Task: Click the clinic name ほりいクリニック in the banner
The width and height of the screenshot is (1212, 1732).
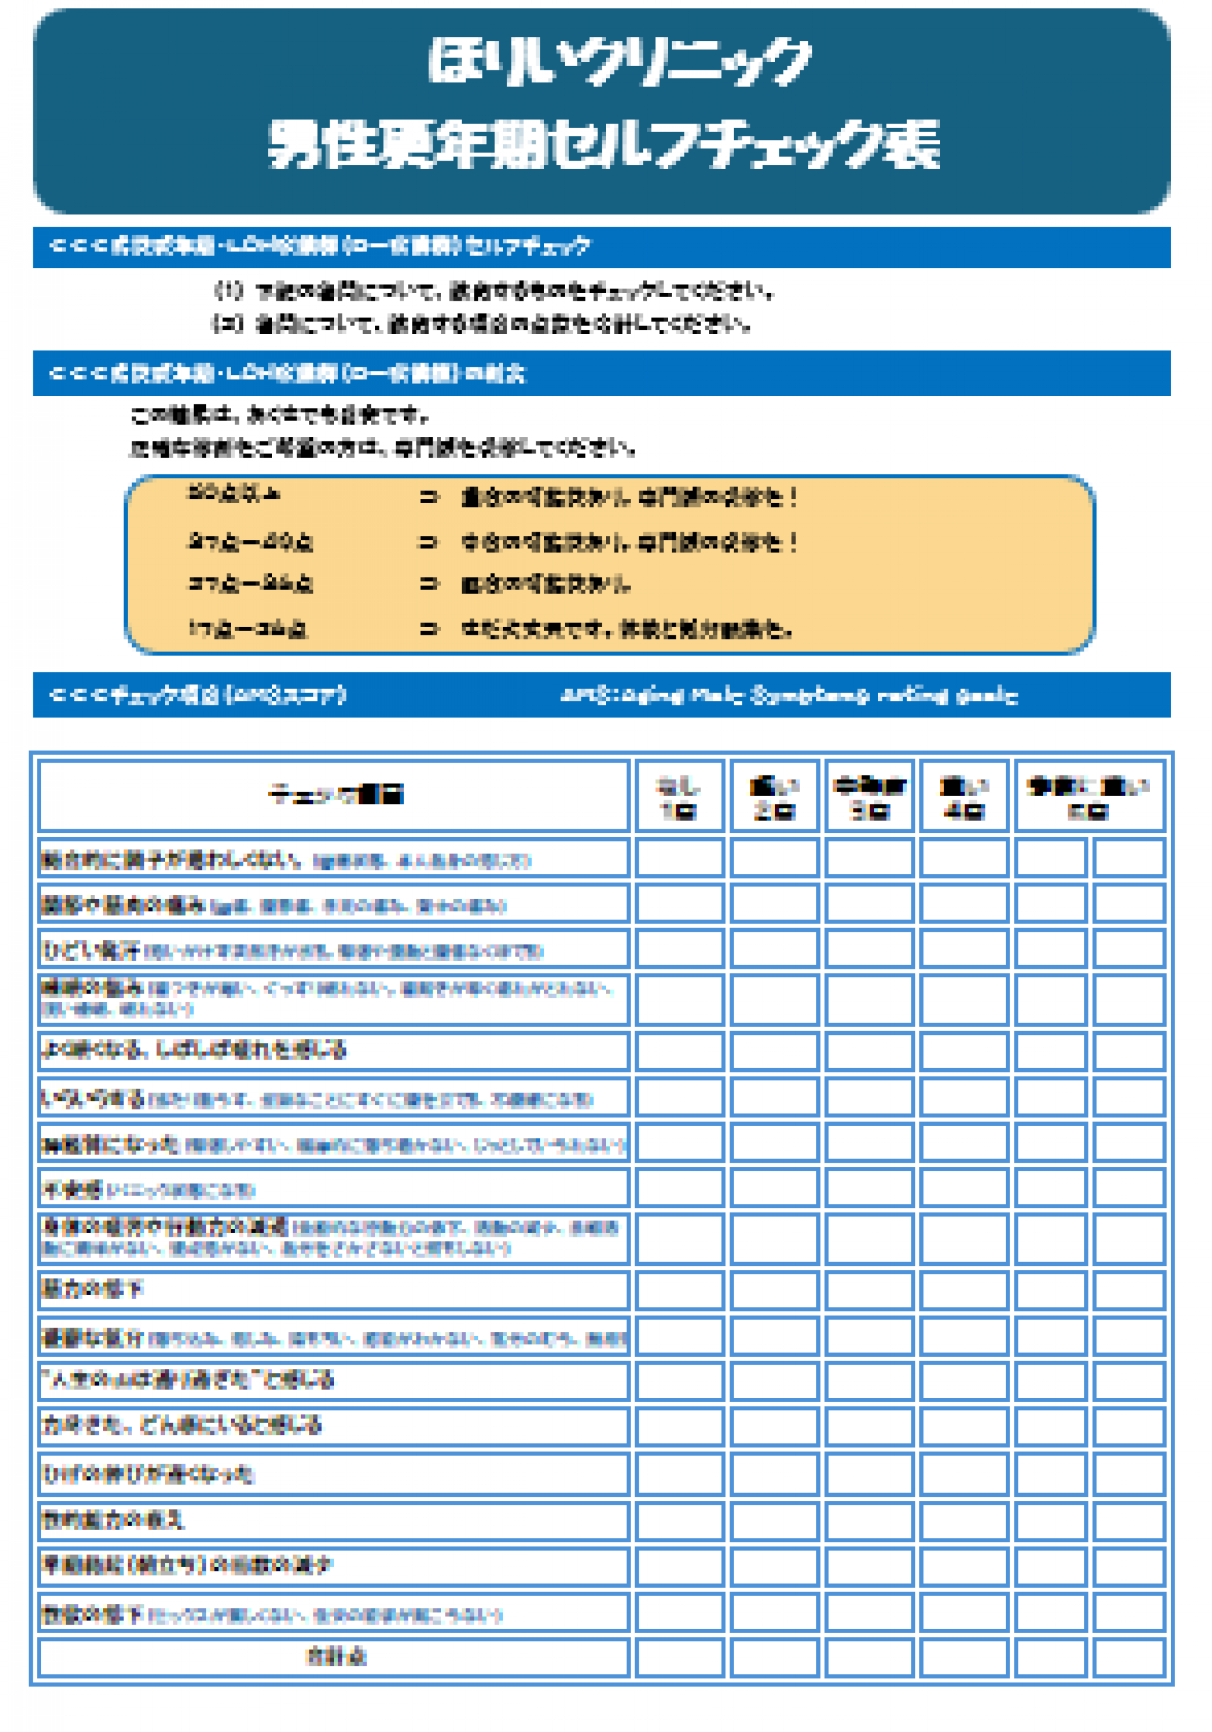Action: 619,61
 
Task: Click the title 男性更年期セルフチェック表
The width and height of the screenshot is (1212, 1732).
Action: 604,143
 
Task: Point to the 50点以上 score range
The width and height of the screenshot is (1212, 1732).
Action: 234,493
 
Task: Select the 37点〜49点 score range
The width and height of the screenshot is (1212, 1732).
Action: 250,541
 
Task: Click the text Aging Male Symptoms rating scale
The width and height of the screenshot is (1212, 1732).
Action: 789,695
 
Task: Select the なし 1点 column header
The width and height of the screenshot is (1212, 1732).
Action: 679,797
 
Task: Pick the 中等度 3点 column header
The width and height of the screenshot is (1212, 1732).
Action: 869,797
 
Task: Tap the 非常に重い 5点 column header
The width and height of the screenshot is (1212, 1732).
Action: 1089,797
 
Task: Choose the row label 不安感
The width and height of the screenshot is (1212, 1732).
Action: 72,1189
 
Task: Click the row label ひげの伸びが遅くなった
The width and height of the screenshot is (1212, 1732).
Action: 148,1473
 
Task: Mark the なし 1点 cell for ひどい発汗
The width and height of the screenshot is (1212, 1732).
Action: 679,948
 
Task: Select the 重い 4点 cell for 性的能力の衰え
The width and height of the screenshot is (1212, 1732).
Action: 964,1519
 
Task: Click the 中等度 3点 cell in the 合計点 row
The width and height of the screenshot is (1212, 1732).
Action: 869,1657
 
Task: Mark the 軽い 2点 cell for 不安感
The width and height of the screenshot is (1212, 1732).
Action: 774,1188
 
